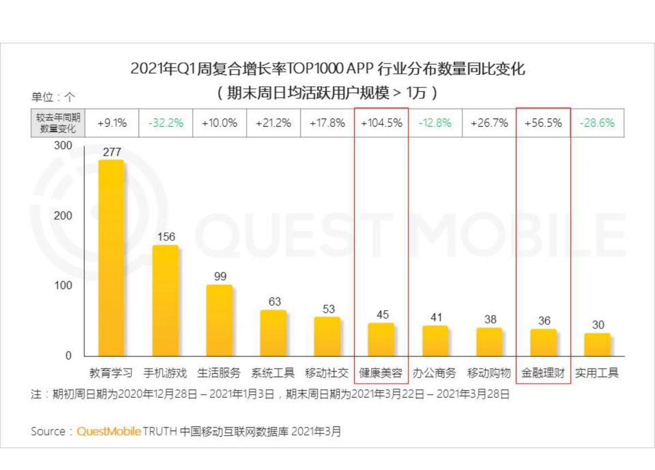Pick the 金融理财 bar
[543, 342]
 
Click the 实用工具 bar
[597, 344]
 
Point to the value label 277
[111, 152]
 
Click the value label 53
[328, 309]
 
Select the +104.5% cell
[382, 123]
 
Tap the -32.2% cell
[166, 123]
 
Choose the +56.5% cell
[543, 123]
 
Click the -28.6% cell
[597, 123]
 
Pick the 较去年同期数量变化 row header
[58, 123]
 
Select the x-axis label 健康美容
[381, 373]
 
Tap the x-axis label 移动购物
[489, 373]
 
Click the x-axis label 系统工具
[273, 373]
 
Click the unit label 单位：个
[53, 97]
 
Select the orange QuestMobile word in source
[109, 431]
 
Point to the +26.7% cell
[489, 123]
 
